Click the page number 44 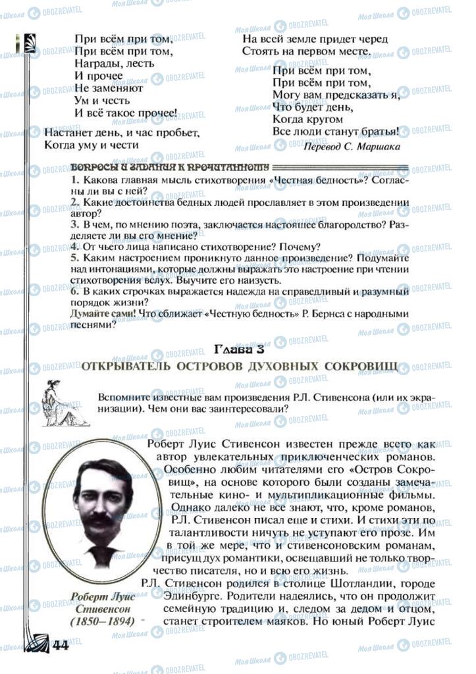coord(58,644)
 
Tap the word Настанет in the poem coord(66,132)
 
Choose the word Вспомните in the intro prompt coord(122,397)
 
